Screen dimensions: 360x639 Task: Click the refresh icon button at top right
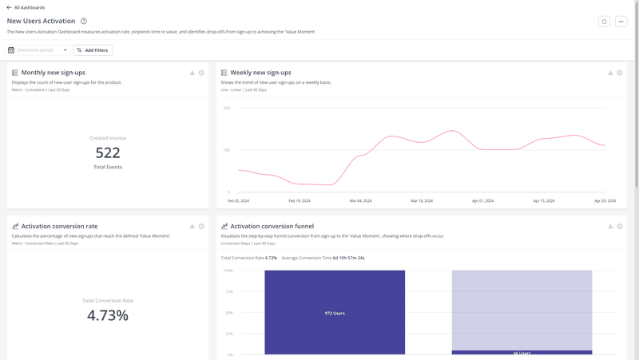coord(604,22)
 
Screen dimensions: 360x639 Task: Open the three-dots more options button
coord(621,22)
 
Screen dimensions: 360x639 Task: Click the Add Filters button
coord(93,50)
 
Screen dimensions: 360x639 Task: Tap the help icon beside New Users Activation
coord(84,22)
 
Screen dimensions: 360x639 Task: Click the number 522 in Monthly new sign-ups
coord(108,152)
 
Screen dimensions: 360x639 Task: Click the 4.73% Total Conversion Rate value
coord(108,315)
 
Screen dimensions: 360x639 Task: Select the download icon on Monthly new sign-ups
coord(192,73)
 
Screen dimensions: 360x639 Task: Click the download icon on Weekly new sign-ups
coord(610,73)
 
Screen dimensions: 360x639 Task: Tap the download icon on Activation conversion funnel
coord(610,227)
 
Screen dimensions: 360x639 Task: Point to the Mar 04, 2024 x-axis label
coord(360,201)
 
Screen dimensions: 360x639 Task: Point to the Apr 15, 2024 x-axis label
coord(543,201)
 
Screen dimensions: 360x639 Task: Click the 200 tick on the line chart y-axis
coord(227,108)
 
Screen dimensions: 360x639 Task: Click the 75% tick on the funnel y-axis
coord(228,291)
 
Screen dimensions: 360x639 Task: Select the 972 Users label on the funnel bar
coord(335,313)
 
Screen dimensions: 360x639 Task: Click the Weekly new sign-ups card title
coord(260,73)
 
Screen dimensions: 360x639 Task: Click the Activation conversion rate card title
coord(59,227)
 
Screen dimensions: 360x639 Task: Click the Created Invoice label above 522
coord(108,138)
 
